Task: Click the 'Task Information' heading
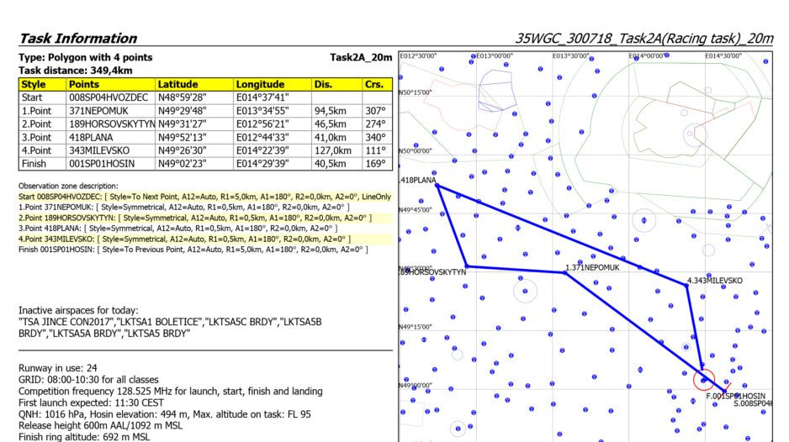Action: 77,39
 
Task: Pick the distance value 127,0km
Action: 330,150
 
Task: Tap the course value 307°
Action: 375,110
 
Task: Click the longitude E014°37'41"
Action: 262,97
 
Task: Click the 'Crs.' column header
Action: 374,85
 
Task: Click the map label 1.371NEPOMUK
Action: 592,267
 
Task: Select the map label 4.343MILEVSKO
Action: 714,281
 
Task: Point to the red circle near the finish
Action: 704,379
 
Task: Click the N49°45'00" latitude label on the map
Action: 415,209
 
